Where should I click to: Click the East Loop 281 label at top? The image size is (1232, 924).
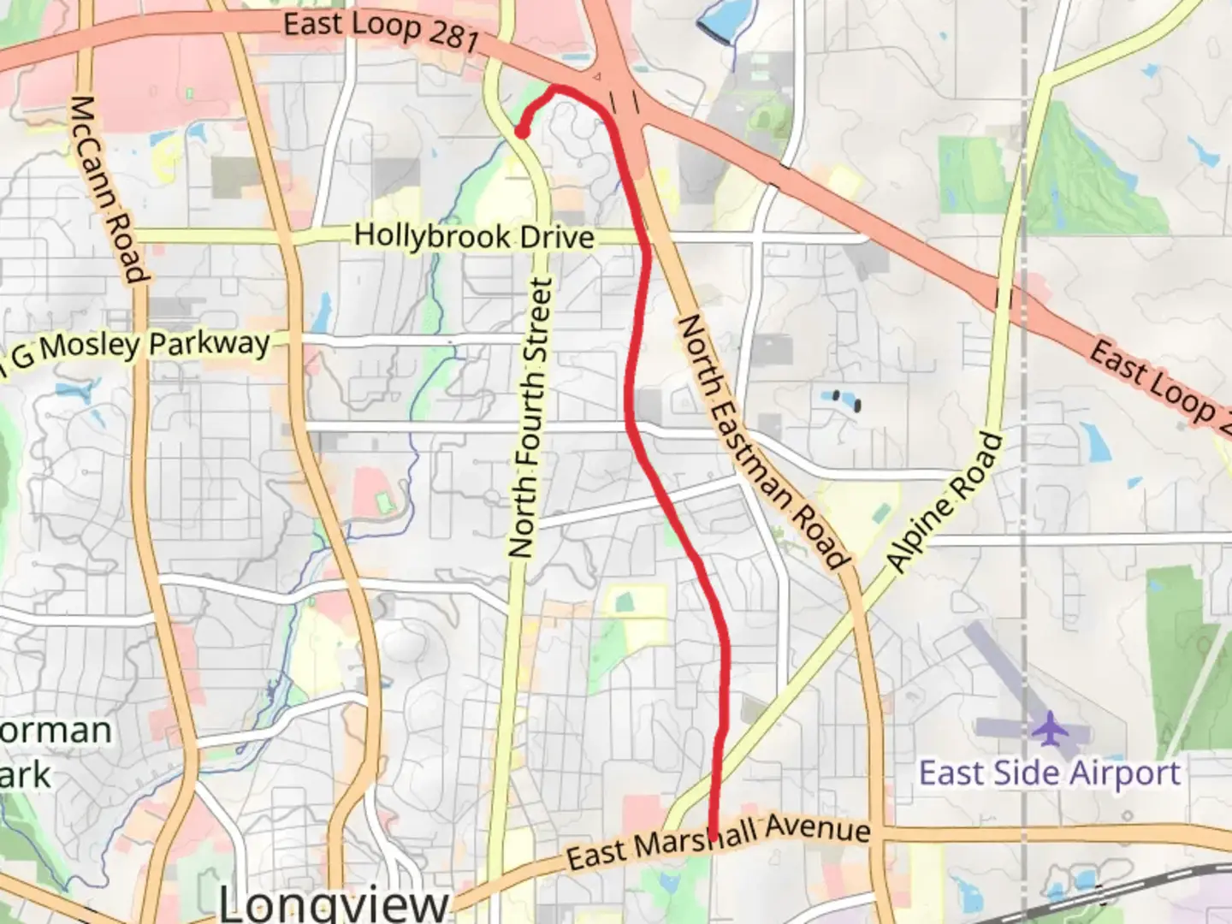tap(381, 30)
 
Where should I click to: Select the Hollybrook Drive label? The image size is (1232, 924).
tap(474, 236)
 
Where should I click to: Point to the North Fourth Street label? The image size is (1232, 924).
tap(531, 418)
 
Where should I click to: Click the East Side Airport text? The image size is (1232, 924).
tap(1050, 773)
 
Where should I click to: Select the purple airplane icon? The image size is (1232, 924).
tap(1048, 729)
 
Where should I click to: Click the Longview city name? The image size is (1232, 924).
tap(334, 903)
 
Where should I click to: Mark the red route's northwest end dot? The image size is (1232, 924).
tap(520, 132)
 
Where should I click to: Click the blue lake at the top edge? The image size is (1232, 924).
tap(720, 19)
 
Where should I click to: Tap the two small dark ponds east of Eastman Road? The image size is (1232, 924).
tap(846, 400)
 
